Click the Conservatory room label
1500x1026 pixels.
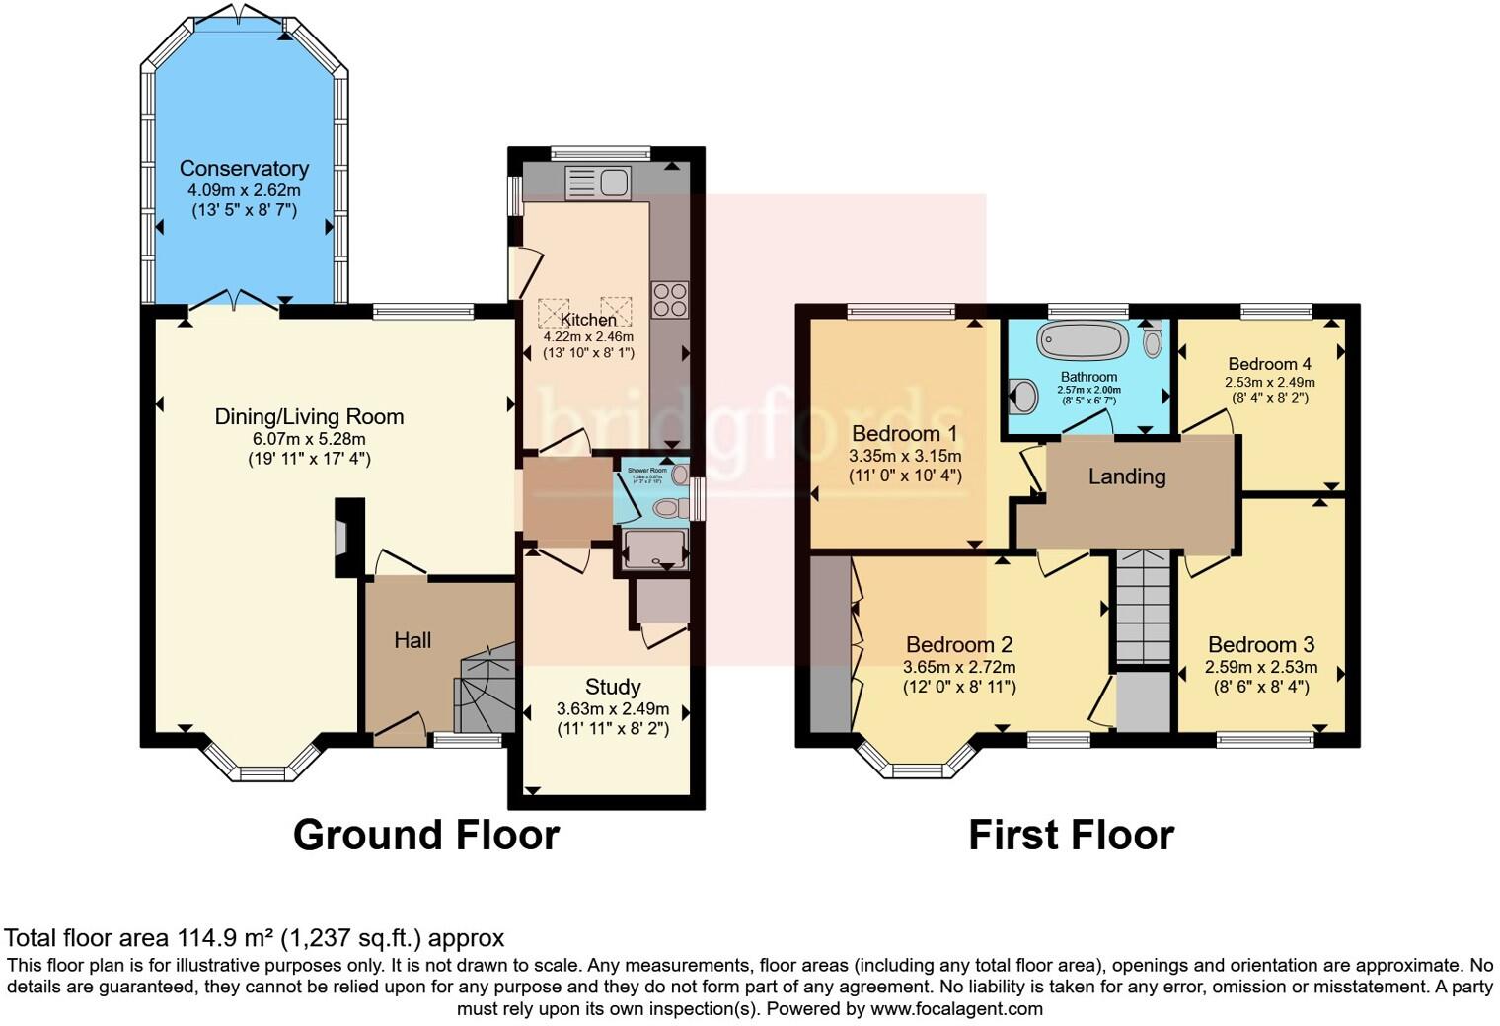click(x=244, y=169)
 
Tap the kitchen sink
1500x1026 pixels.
click(x=598, y=183)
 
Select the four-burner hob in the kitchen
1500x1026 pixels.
click(x=670, y=300)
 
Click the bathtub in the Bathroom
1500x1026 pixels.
click(x=1082, y=341)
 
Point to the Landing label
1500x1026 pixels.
click(x=1127, y=476)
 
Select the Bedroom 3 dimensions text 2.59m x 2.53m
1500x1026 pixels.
click(x=1260, y=667)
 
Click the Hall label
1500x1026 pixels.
click(x=412, y=640)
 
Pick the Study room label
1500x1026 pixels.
click(x=613, y=687)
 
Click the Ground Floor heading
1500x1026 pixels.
click(x=426, y=835)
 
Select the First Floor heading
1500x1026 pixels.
click(x=1071, y=835)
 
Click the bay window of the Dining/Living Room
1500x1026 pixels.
click(x=262, y=765)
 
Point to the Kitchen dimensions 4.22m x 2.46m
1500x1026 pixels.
click(x=588, y=336)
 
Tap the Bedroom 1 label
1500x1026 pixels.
click(x=904, y=434)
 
